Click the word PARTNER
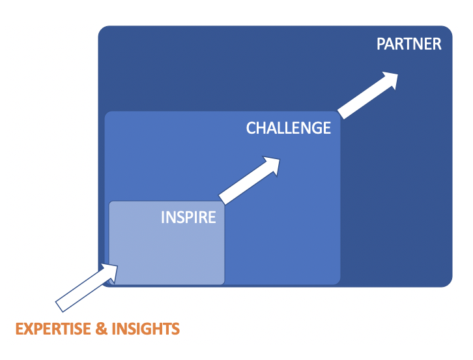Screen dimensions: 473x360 click(x=409, y=44)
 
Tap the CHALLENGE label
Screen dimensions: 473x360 click(x=289, y=128)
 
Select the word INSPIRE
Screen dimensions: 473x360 click(x=188, y=217)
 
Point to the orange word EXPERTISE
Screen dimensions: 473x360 click(x=53, y=329)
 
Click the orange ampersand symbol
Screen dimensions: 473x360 click(x=102, y=329)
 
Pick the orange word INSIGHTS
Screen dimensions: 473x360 click(x=146, y=329)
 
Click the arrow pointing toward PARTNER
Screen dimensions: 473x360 click(x=368, y=95)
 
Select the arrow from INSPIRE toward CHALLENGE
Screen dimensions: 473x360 click(x=250, y=180)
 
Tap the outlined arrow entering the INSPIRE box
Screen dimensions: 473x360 click(x=87, y=288)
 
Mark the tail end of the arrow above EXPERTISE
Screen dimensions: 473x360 click(x=59, y=307)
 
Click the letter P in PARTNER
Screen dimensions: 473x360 click(x=381, y=44)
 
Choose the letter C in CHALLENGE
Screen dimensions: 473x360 click(x=251, y=128)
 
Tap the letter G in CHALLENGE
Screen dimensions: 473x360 click(x=315, y=128)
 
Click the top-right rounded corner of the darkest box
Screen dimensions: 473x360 click(x=450, y=29)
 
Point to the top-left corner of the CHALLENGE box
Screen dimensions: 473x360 click(x=106, y=113)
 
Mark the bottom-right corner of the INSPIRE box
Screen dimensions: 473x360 click(x=223, y=283)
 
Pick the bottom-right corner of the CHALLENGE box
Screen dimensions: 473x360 click(x=338, y=282)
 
